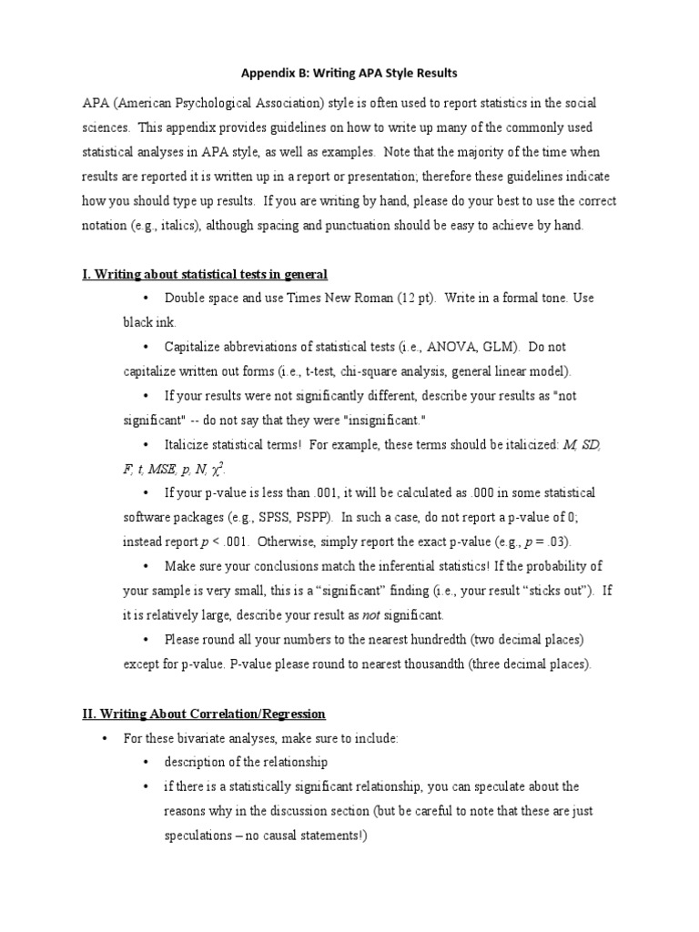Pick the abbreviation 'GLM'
pyautogui.click(x=499, y=347)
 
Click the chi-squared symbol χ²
pyautogui.click(x=218, y=469)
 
